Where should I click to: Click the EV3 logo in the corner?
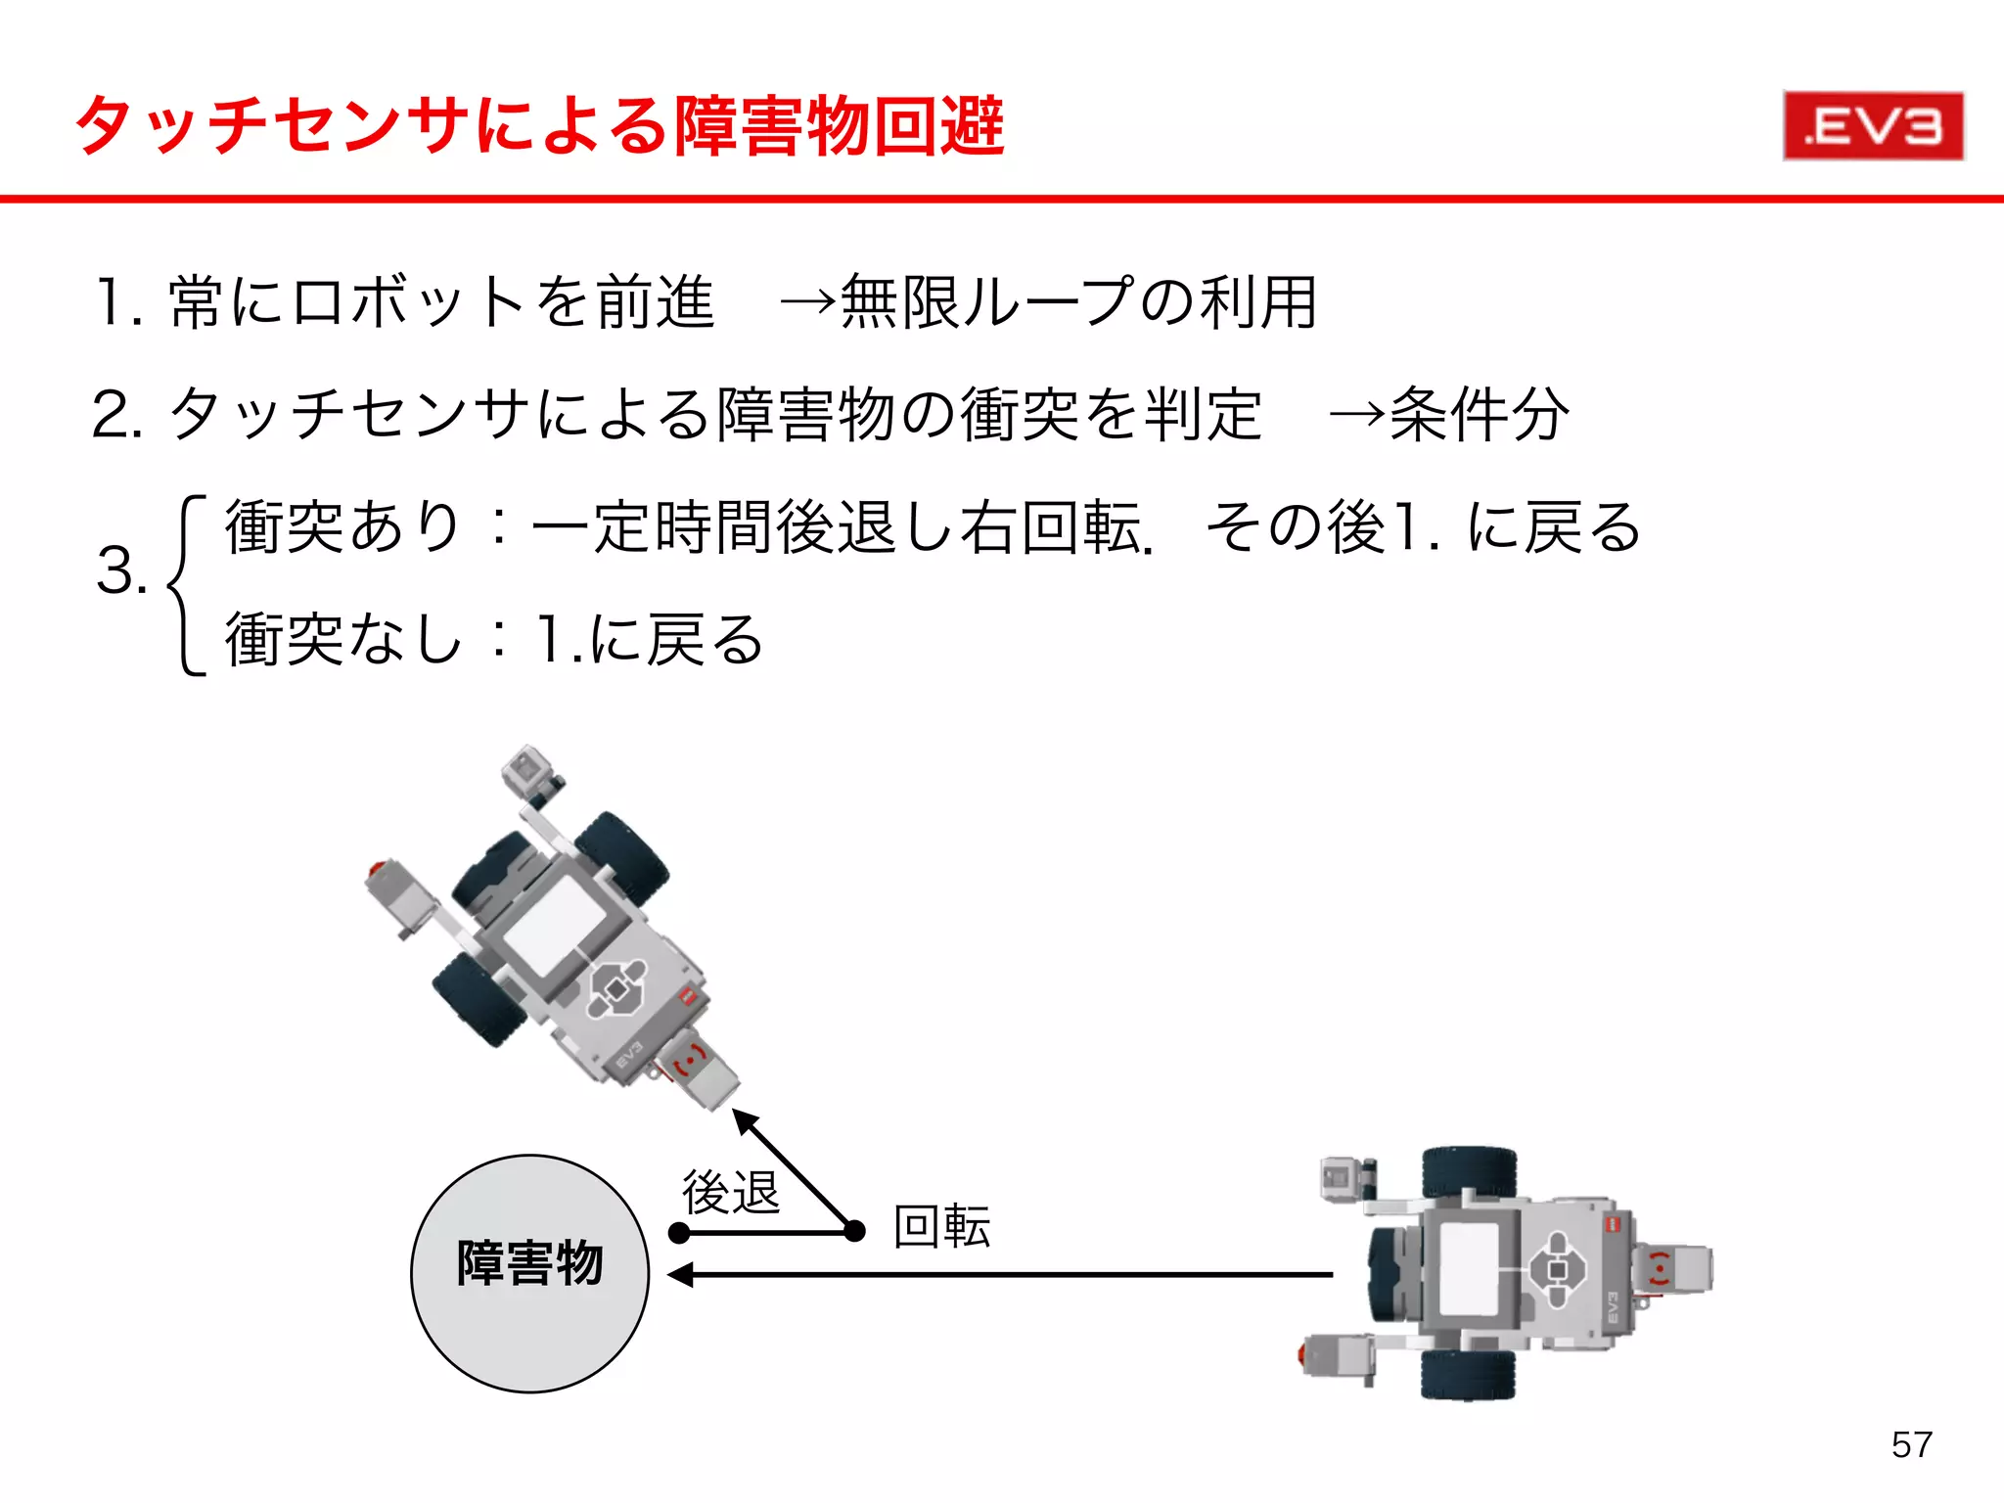(x=1873, y=126)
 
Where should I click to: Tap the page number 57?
(x=1911, y=1445)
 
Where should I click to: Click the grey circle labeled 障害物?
(x=529, y=1274)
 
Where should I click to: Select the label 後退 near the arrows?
(x=730, y=1193)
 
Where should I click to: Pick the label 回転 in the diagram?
(x=941, y=1227)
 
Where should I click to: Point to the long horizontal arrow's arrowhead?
(x=679, y=1275)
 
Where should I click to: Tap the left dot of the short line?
(x=679, y=1233)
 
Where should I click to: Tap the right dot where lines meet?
(x=854, y=1231)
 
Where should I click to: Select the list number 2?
(x=117, y=415)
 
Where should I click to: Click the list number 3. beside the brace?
(x=120, y=571)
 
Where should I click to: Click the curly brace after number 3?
(x=186, y=585)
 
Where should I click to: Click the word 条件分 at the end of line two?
(x=1479, y=415)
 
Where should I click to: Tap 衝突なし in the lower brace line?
(x=343, y=640)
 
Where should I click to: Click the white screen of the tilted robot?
(x=555, y=923)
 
